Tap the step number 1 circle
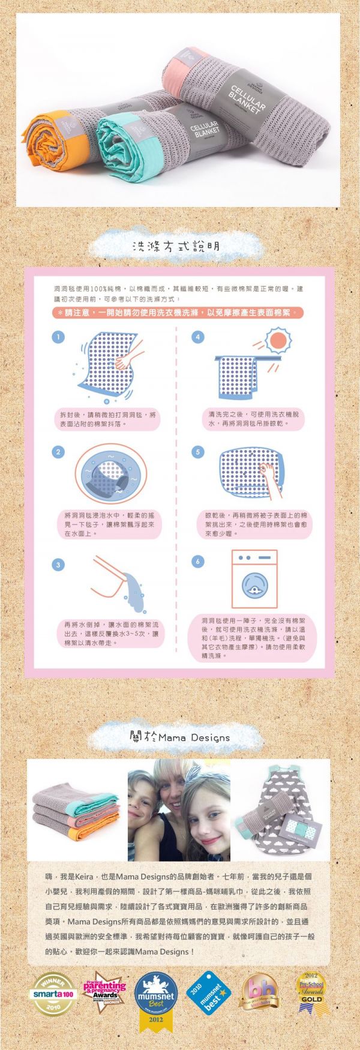coord(58,337)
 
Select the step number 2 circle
coord(58,452)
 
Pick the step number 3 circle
coord(58,565)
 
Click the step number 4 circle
coord(198,337)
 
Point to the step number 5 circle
coord(198,452)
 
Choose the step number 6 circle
coord(198,561)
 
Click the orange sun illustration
coord(277,341)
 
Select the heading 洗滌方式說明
coord(175,247)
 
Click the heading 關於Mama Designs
coord(179,737)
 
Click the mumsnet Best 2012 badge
coord(156,993)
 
